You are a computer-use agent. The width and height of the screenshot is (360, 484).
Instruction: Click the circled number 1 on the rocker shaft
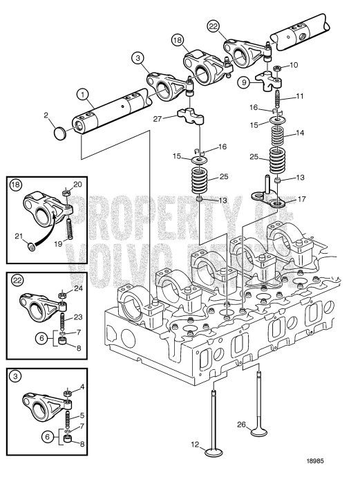click(82, 93)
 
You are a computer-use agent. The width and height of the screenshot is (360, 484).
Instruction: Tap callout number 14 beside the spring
click(299, 131)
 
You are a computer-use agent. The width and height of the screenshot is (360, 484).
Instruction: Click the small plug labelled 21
click(32, 245)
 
